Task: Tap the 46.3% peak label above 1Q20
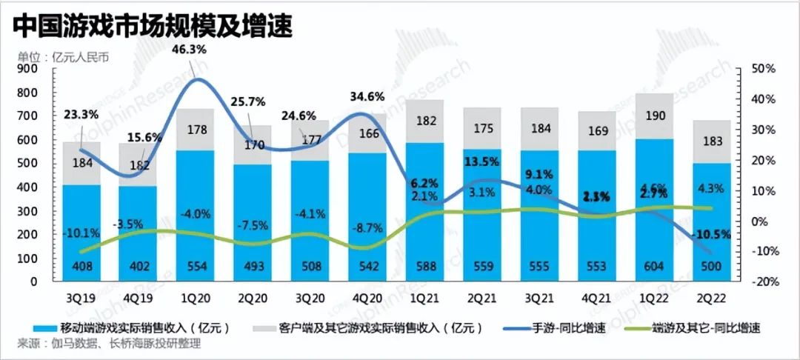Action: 189,50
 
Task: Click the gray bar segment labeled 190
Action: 655,116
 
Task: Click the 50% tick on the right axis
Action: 762,69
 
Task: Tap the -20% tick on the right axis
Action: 762,282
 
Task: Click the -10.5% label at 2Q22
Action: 711,234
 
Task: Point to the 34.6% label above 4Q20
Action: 367,96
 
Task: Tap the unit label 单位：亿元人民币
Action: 63,57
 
